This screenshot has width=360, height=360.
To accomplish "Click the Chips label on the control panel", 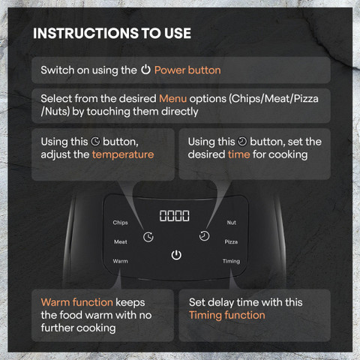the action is click(x=120, y=223).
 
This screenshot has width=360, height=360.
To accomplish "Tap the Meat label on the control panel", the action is click(x=121, y=241).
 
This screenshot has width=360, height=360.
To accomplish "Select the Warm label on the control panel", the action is click(x=120, y=261).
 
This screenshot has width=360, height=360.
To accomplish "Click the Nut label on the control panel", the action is click(x=232, y=222).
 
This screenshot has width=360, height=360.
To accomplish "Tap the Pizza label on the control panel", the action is click(x=231, y=241).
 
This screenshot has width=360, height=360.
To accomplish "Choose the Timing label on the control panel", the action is click(x=231, y=261).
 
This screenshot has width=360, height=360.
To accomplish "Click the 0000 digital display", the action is click(x=175, y=216).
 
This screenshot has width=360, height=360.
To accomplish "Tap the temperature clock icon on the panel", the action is click(x=148, y=237).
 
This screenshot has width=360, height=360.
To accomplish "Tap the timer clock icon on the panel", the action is click(x=204, y=236).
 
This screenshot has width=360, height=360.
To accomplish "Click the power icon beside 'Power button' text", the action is click(x=145, y=70).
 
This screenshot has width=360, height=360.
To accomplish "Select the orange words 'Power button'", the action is click(x=187, y=70).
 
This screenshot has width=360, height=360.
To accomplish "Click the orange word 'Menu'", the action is click(x=173, y=98).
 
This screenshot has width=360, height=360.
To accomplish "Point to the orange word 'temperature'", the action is click(x=123, y=154).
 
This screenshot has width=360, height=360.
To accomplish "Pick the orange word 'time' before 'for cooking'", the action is click(x=238, y=154).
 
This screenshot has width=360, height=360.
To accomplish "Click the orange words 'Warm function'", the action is click(x=77, y=302).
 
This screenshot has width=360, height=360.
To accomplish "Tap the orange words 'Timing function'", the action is click(x=227, y=315).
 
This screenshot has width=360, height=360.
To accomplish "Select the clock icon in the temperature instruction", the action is click(x=95, y=142).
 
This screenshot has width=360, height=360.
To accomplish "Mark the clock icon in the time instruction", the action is click(x=242, y=142).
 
